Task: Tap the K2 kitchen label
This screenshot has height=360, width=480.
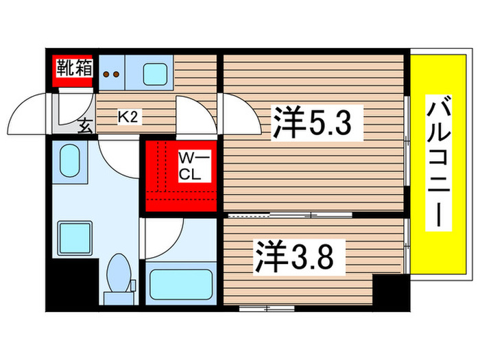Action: [129, 117]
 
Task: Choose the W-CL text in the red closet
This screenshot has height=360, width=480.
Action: [190, 166]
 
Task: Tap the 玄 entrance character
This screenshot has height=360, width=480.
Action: [86, 126]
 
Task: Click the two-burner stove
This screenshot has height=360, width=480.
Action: [112, 73]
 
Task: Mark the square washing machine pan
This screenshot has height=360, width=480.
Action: [70, 237]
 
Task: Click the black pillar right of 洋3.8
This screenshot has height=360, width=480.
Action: [391, 292]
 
